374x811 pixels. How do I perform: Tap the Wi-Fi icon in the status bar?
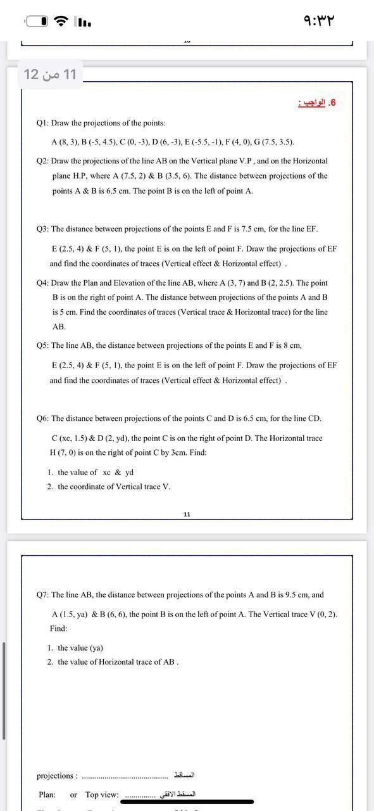coord(61,21)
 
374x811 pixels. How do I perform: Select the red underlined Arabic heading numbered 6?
coord(318,103)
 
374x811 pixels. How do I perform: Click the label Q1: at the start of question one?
coord(43,123)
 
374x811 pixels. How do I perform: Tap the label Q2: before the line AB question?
coord(43,162)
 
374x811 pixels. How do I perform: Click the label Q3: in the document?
coord(43,229)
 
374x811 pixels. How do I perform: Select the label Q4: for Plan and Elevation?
coord(43,283)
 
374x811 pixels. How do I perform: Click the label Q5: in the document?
coord(43,345)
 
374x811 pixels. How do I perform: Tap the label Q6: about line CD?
coord(43,418)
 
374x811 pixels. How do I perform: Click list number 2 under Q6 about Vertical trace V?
coord(49,487)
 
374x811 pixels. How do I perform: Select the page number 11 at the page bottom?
coord(187,514)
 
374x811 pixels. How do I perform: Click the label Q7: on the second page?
coord(43,595)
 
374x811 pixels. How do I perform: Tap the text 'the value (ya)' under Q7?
coord(80,648)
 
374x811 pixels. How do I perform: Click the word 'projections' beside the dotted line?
coord(56,776)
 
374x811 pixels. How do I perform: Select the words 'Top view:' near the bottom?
coord(102,795)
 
